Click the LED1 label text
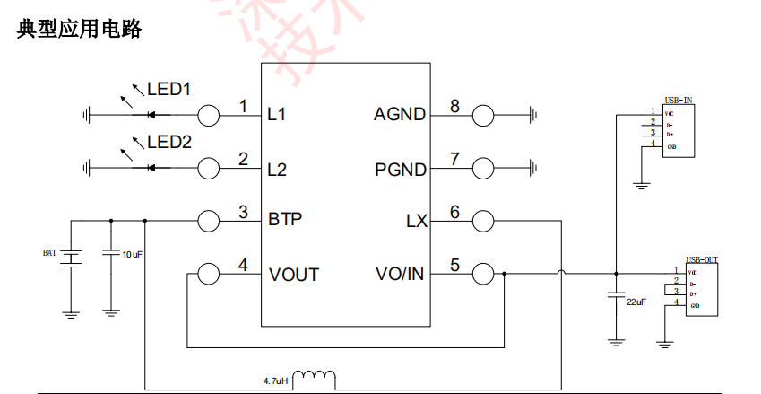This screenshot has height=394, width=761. (169, 90)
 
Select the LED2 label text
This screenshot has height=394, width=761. (169, 142)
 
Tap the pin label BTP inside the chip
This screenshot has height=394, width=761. (285, 219)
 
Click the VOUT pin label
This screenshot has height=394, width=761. (293, 275)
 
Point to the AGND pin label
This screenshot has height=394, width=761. (400, 115)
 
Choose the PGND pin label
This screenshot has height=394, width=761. (400, 168)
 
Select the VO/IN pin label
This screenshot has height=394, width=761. (399, 274)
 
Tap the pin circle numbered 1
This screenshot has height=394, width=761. (208, 114)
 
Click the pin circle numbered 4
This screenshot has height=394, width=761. (208, 274)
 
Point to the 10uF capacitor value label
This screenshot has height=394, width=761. (132, 255)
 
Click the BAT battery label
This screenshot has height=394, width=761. (49, 253)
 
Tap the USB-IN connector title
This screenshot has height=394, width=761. (678, 101)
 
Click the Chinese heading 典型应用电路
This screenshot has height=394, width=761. (80, 29)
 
